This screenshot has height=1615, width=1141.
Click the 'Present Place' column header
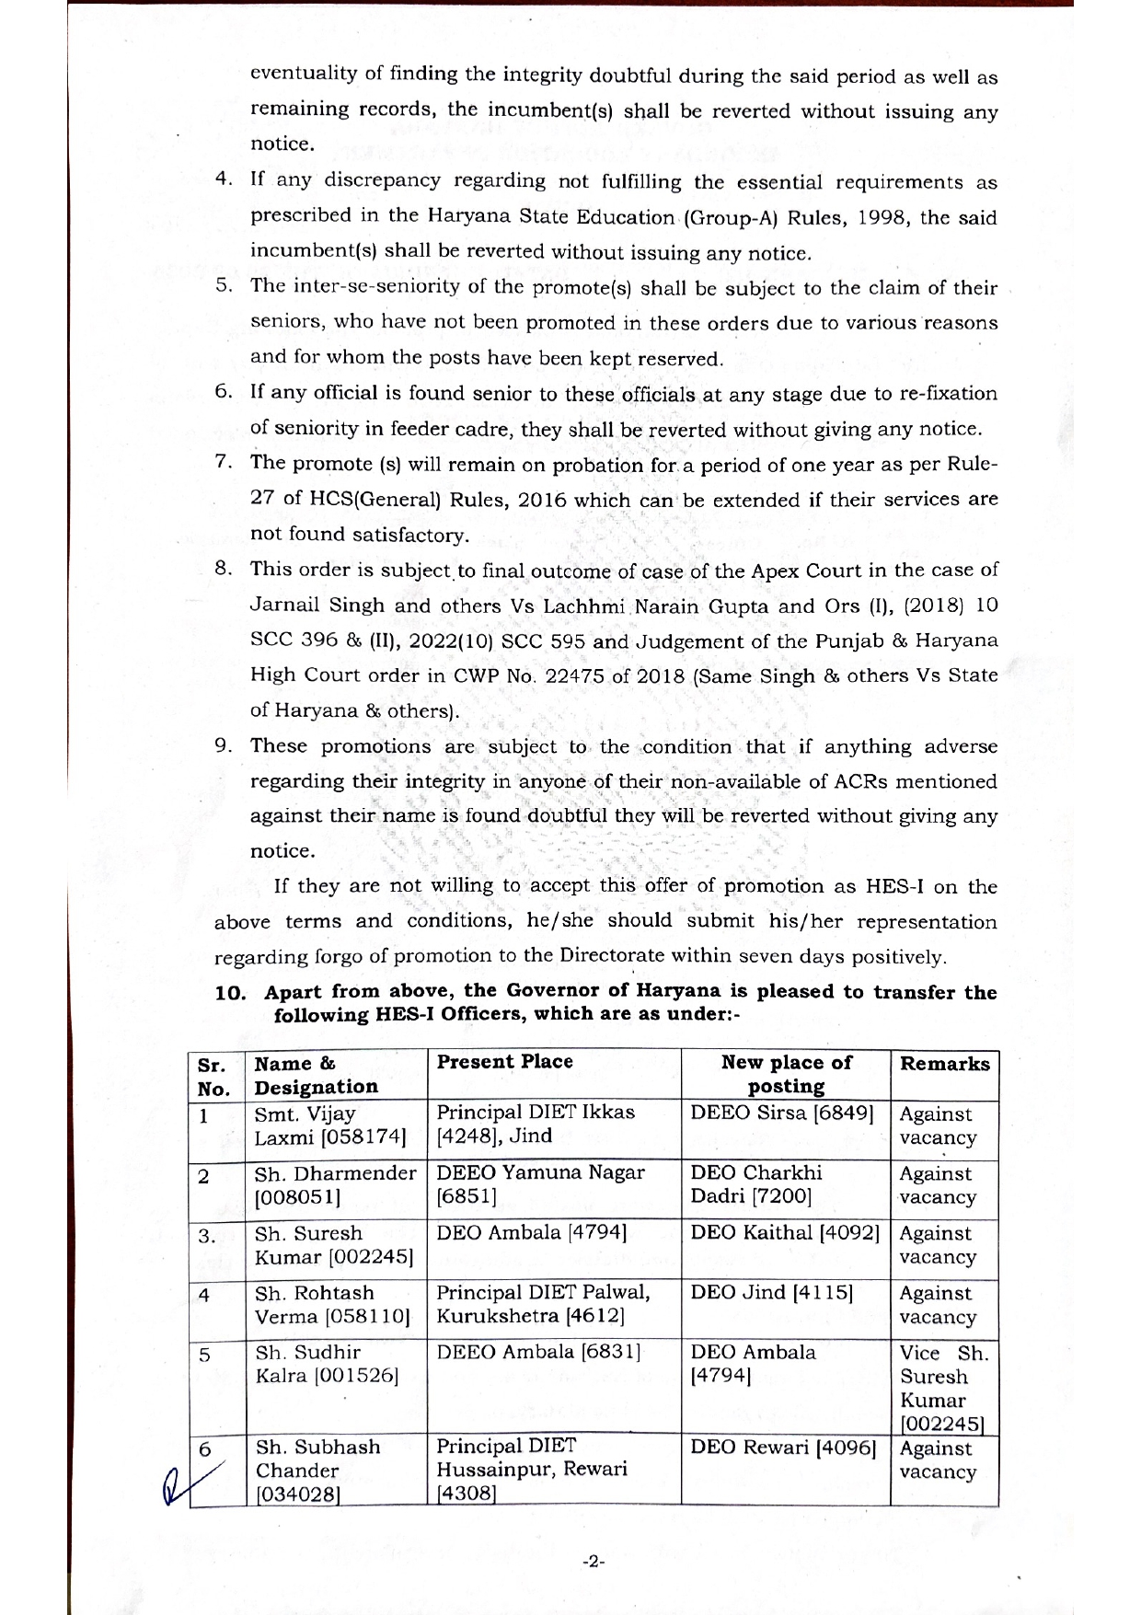504,1062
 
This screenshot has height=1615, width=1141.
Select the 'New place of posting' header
786,1074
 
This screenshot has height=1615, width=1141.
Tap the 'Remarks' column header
944,1064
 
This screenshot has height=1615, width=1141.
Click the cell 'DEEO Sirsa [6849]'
781,1113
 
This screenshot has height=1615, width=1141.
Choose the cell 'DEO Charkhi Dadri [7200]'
756,1184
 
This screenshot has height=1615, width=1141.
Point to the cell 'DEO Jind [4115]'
771,1292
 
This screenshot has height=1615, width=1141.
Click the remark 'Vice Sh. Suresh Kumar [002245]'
943,1388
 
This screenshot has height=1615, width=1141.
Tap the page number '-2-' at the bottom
594,1561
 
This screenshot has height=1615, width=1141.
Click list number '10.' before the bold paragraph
230,993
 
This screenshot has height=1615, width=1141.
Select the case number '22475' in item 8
571,675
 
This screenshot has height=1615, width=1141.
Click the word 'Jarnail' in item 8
283,606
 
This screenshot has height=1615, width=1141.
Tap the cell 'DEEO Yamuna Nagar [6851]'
540,1184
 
